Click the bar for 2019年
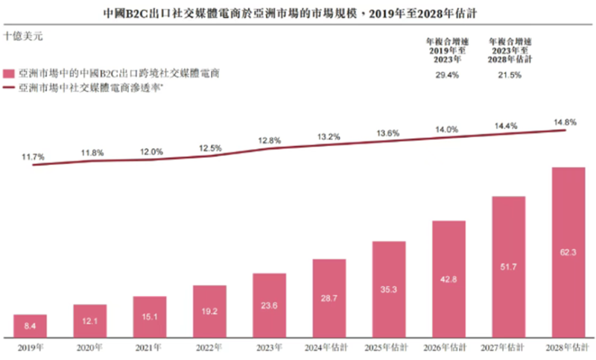click(31, 325)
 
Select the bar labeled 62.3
click(568, 251)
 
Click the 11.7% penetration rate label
click(34, 157)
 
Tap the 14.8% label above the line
click(565, 121)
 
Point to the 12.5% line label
click(211, 148)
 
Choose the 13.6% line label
click(388, 133)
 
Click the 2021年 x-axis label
click(150, 347)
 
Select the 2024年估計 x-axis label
click(329, 347)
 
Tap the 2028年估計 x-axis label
click(568, 347)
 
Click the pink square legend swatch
click(9, 73)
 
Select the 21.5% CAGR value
click(508, 76)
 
